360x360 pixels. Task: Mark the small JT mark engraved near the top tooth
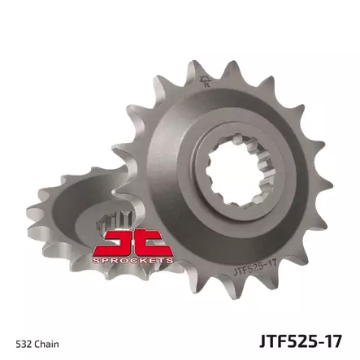pyautogui.click(x=203, y=80)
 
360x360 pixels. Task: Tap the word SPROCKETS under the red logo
pyautogui.click(x=134, y=260)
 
